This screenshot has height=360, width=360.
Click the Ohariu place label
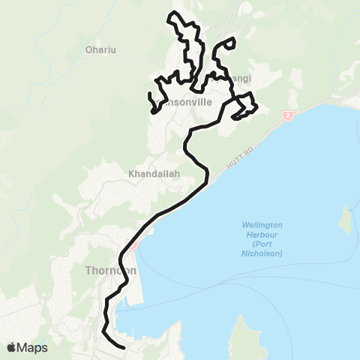coord(100,51)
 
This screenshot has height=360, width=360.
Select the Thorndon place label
coord(110,270)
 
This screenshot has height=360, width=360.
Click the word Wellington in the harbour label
coord(262,226)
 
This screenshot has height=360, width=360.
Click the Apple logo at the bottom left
coord(12,347)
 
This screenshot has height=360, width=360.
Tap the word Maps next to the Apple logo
coord(32,347)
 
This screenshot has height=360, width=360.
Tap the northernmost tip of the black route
coord(175,13)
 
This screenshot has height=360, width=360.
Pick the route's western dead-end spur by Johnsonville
coord(153,111)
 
